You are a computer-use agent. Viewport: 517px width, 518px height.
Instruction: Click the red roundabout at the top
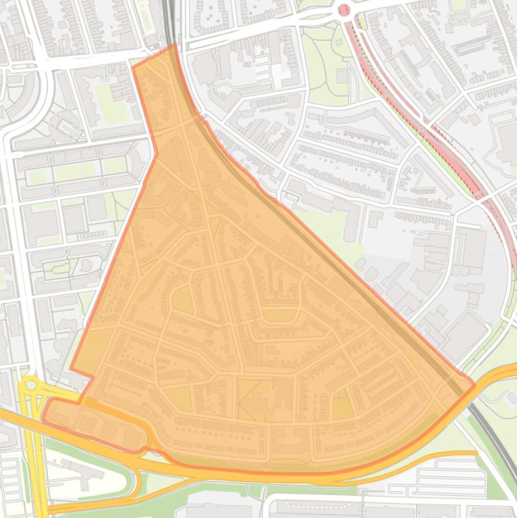pyautogui.click(x=344, y=9)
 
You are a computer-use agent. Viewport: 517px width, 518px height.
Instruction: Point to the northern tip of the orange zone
pyautogui.click(x=175, y=46)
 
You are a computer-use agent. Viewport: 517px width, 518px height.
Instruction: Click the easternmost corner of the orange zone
pyautogui.click(x=475, y=385)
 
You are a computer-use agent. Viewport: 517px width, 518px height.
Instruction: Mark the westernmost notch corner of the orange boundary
pyautogui.click(x=72, y=368)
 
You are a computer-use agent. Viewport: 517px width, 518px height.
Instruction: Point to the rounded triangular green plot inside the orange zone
pyautogui.click(x=182, y=300)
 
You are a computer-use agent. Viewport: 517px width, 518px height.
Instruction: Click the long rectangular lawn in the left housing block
pyautogui.click(x=74, y=172)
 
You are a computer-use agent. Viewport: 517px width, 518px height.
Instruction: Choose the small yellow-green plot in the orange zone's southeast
pyautogui.click(x=342, y=408)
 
